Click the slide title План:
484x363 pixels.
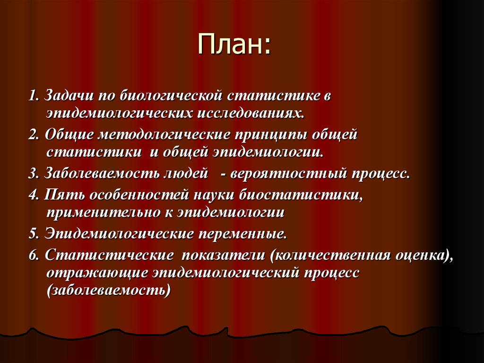click(x=234, y=44)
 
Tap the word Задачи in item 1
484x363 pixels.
click(x=69, y=96)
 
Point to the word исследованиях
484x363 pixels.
click(x=251, y=114)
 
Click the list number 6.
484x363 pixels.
click(x=34, y=256)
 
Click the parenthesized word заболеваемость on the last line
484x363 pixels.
click(x=109, y=291)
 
